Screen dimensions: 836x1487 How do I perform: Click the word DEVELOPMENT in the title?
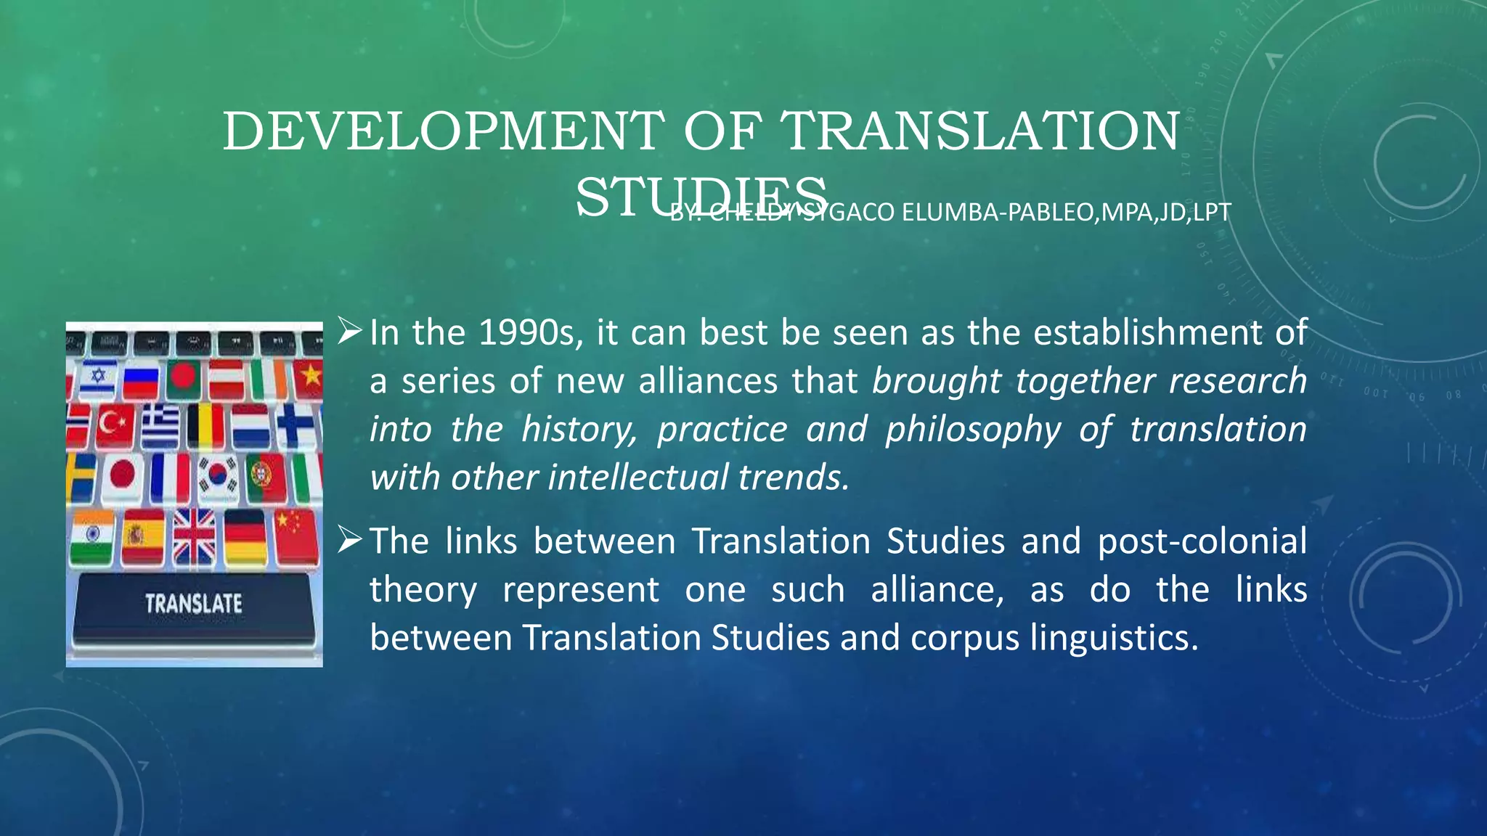click(x=442, y=131)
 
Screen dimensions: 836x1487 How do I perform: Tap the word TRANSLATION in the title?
click(x=979, y=131)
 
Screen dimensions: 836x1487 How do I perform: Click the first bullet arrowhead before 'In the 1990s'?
click(x=350, y=332)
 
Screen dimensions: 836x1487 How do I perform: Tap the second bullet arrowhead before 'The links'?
click(x=350, y=540)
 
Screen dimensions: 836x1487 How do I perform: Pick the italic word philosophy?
click(x=973, y=430)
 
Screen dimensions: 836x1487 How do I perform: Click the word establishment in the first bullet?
click(x=1148, y=333)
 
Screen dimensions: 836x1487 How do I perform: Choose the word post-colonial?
click(x=1202, y=541)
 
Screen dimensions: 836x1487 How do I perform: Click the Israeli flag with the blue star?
click(x=97, y=378)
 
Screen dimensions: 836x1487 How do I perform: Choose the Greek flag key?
click(x=160, y=426)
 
